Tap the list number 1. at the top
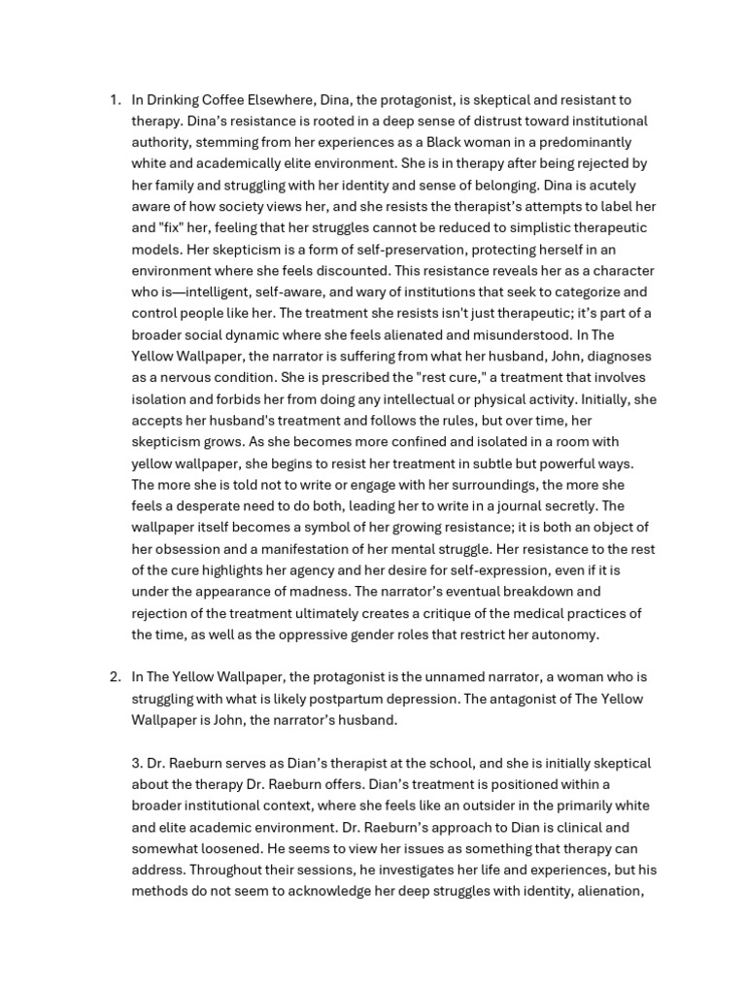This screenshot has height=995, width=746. tap(115, 100)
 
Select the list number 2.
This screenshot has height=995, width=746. tap(115, 676)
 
